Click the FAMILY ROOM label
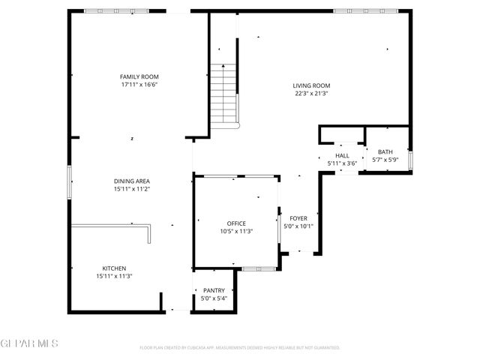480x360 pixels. (x=139, y=76)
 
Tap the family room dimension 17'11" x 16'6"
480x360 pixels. (x=139, y=85)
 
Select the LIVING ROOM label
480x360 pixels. (x=311, y=85)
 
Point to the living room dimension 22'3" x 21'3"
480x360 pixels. (x=311, y=94)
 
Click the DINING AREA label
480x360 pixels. (x=132, y=181)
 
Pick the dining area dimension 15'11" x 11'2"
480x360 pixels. (x=132, y=189)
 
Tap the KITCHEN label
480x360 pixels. (x=114, y=268)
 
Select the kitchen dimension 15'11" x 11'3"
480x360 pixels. (x=114, y=277)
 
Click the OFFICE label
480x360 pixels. (x=236, y=223)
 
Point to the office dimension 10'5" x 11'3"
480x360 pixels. (x=236, y=232)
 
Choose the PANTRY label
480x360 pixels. (x=214, y=290)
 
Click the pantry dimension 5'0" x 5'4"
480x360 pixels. (x=214, y=298)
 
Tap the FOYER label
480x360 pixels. (x=298, y=218)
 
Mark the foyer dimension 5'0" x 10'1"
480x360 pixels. (x=298, y=226)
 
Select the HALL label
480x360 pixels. (x=342, y=155)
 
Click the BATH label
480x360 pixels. (x=385, y=151)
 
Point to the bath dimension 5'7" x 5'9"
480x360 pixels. (x=385, y=160)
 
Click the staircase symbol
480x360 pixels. (x=223, y=94)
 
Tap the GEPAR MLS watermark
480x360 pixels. (x=29, y=343)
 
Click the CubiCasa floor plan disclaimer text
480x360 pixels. (x=240, y=348)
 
